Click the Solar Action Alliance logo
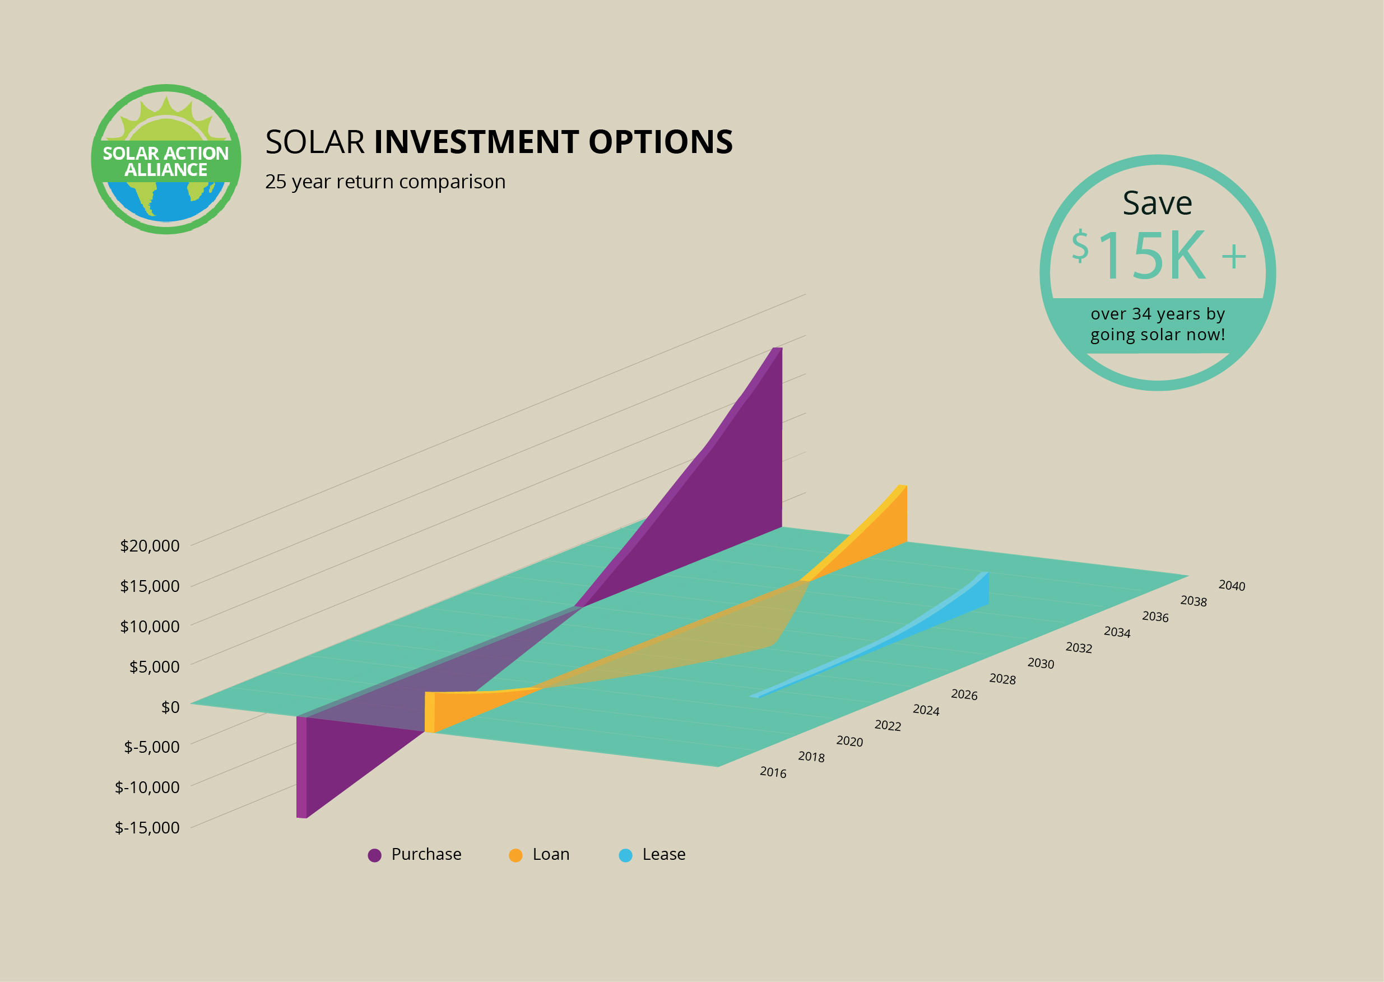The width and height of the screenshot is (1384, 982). click(166, 159)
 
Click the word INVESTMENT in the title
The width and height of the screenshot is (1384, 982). click(478, 142)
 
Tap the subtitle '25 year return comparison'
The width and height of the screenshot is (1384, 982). click(385, 182)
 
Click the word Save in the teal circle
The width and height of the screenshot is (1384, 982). click(1157, 203)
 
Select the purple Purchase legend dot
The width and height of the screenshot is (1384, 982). click(375, 855)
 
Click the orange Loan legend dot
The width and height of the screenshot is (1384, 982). click(515, 855)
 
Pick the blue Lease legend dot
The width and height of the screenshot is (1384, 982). click(625, 855)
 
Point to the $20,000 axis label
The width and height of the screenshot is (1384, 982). click(149, 545)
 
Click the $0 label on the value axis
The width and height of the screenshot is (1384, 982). click(170, 707)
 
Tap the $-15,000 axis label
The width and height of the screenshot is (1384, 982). click(147, 827)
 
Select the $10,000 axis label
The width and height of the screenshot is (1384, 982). click(149, 626)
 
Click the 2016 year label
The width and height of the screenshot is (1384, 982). click(773, 772)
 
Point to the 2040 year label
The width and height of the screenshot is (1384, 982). click(1232, 585)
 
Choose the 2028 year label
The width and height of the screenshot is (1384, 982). click(1002, 679)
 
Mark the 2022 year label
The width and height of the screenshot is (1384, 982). click(887, 725)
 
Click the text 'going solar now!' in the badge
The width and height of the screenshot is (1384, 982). click(1157, 335)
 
